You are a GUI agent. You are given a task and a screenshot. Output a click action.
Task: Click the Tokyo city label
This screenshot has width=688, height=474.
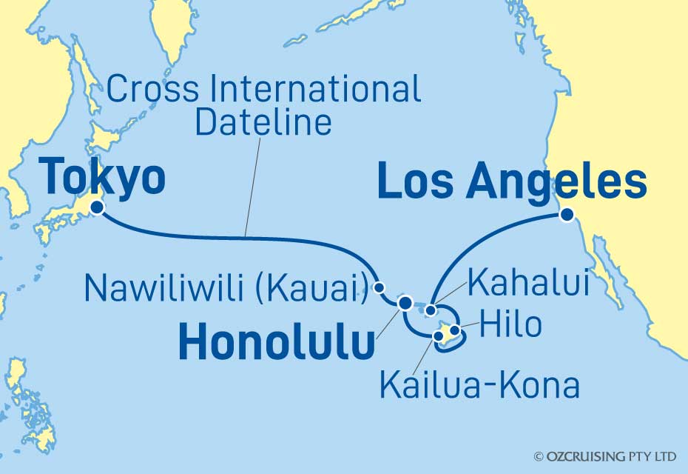[102, 178]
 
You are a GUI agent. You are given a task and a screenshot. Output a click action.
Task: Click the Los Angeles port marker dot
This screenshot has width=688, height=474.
[567, 215]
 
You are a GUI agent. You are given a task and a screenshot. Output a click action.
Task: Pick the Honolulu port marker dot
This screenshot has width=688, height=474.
[405, 302]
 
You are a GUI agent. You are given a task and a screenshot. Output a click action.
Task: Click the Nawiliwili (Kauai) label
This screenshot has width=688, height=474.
[226, 288]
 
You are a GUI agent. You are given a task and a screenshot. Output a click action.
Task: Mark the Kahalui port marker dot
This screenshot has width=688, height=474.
[431, 310]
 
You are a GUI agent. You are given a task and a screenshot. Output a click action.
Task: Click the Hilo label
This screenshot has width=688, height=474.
[510, 324]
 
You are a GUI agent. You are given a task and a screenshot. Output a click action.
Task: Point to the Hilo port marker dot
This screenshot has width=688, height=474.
[455, 329]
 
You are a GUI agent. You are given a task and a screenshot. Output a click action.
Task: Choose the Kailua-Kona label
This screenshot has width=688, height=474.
[478, 384]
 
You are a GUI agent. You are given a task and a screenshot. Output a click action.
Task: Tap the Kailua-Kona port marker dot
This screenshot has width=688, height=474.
[438, 336]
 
